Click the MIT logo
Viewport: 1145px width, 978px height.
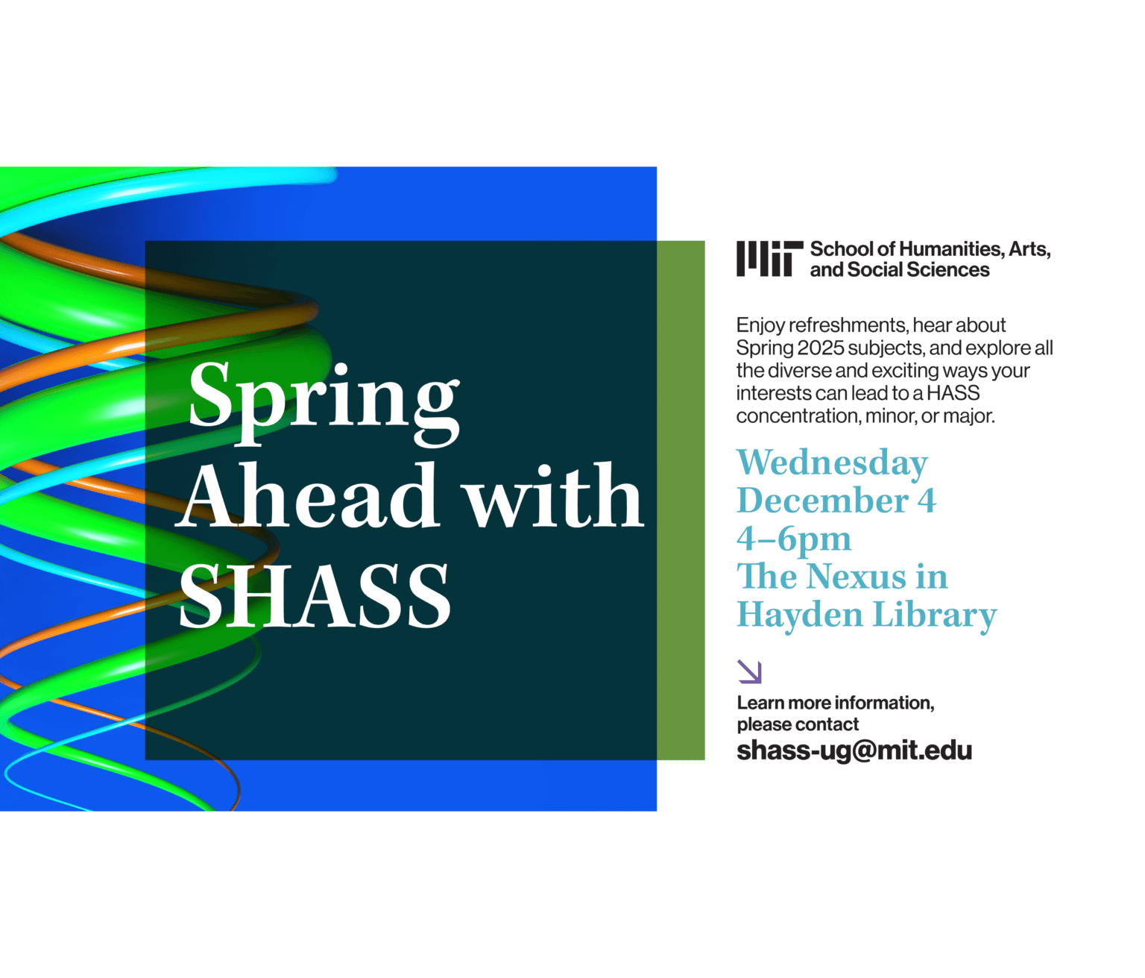(769, 258)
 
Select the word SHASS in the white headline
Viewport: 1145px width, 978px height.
(315, 595)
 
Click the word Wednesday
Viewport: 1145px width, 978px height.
(832, 463)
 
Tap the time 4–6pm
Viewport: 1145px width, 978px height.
(793, 539)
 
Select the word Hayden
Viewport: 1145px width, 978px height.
(799, 615)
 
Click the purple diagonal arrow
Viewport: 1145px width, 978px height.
(749, 671)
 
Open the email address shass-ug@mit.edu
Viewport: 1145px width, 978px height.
(854, 750)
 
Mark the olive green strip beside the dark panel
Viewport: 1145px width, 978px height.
(681, 500)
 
